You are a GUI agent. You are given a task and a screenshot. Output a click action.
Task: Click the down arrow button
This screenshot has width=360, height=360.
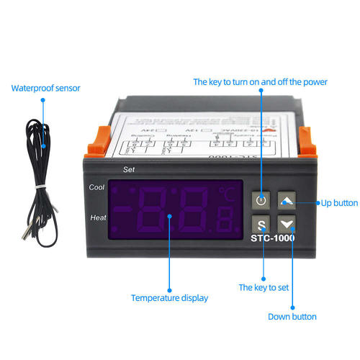point(287,225)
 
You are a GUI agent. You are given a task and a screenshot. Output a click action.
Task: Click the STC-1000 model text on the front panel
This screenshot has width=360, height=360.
point(272,238)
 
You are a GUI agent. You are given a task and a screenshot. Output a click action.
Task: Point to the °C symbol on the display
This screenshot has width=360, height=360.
point(228,194)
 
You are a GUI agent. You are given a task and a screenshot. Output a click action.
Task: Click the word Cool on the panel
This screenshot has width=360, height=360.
point(97,187)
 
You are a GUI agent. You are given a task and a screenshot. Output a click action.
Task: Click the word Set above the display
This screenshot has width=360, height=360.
point(130,170)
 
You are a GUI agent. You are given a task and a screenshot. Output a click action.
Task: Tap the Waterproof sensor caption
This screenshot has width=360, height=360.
point(45,89)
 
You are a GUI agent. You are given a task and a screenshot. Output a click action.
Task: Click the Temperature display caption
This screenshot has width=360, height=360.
point(169,297)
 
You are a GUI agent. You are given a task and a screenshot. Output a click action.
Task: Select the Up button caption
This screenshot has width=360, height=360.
point(339,203)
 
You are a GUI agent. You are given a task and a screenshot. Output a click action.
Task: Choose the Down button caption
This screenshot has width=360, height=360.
point(292,316)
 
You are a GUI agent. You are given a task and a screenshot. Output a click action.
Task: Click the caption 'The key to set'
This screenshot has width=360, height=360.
point(264,287)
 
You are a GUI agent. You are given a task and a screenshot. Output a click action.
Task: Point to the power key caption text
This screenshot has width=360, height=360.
point(260,82)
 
